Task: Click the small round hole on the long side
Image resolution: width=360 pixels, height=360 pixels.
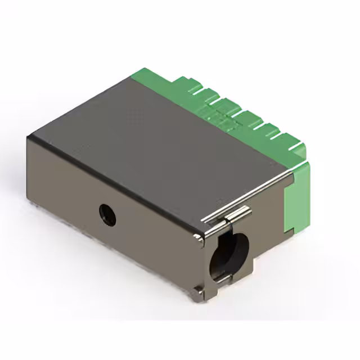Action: [107, 214]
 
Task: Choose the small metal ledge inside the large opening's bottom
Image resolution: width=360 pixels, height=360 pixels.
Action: [222, 277]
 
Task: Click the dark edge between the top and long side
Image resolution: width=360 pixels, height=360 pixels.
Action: [112, 180]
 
